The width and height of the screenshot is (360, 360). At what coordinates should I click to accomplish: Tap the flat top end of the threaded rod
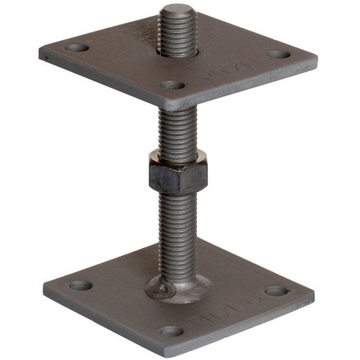(x=176, y=10)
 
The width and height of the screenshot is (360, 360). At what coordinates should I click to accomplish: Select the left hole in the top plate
(x=77, y=48)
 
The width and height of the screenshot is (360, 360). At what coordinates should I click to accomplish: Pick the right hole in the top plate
(x=278, y=55)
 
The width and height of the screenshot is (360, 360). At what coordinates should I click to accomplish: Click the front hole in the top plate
(x=172, y=86)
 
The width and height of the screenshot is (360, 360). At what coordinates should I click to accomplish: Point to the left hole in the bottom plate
(x=81, y=286)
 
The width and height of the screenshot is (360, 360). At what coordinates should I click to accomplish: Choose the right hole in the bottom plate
(x=276, y=291)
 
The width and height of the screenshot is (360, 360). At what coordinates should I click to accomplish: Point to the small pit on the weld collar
(x=162, y=289)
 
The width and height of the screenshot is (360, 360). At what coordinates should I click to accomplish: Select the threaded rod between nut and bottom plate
(x=177, y=230)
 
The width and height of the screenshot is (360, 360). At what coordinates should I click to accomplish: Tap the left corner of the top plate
(x=40, y=54)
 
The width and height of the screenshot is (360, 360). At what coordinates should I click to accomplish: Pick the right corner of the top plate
(x=316, y=56)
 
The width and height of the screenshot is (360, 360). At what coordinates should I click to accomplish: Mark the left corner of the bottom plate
(x=45, y=294)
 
